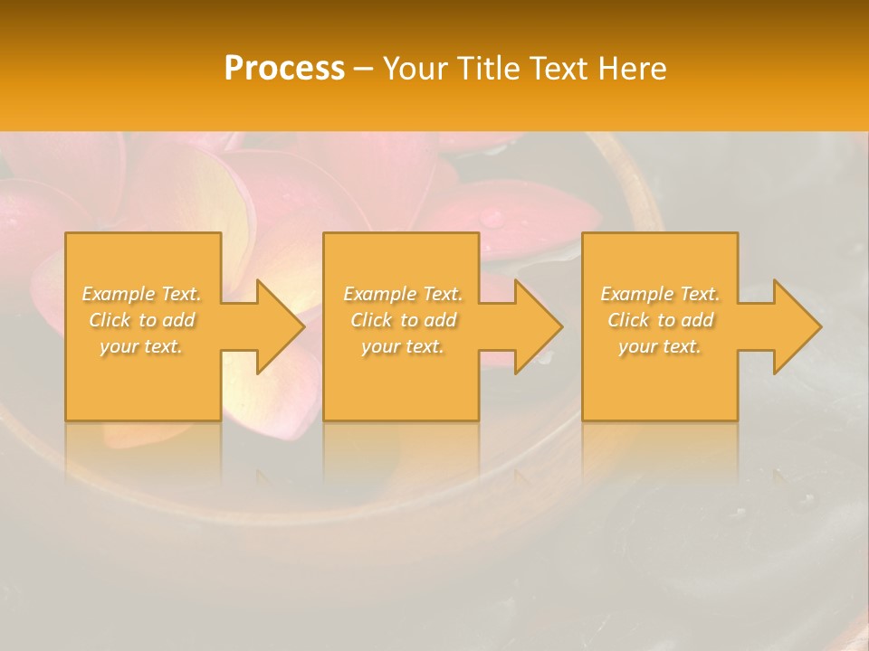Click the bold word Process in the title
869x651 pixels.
click(x=284, y=68)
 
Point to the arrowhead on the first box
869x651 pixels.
click(x=271, y=326)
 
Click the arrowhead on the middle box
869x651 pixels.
click(x=529, y=326)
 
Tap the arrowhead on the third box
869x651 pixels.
click(x=788, y=326)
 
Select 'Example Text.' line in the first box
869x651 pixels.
click(x=141, y=294)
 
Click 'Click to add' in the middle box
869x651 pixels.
click(x=403, y=320)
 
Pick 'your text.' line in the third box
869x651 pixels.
click(x=660, y=346)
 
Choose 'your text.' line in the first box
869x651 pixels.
click(x=141, y=346)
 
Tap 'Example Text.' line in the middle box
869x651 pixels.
click(x=403, y=294)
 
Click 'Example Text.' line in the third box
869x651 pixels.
click(x=660, y=294)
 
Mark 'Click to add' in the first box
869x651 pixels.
click(x=141, y=320)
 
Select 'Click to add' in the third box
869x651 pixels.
click(x=660, y=320)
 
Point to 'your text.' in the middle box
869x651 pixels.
click(x=403, y=346)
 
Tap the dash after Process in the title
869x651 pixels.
click(x=364, y=69)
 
